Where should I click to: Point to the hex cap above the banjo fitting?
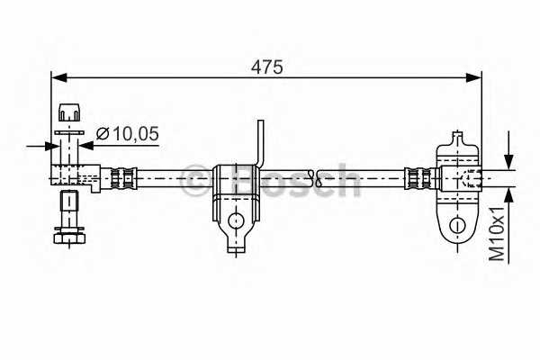point(68,113)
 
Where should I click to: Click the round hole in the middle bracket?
point(235,219)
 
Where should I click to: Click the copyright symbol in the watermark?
point(194,181)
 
